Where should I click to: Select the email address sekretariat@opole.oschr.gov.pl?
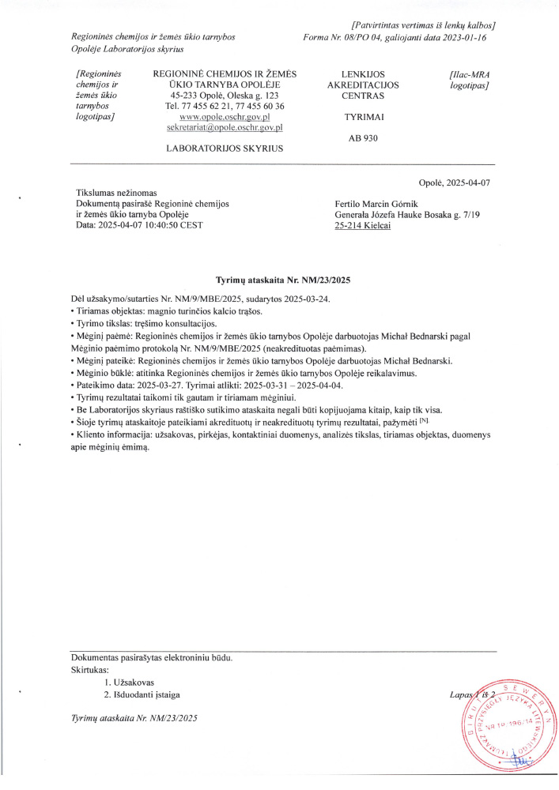tap(225, 126)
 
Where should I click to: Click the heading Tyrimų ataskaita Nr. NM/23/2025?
tap(283, 280)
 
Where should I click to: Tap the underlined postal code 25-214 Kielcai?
tap(363, 226)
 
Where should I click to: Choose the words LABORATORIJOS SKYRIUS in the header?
tap(225, 148)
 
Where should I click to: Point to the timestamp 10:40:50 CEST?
tap(173, 226)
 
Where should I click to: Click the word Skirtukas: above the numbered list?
tap(89, 669)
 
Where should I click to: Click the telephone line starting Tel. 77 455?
tap(225, 106)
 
